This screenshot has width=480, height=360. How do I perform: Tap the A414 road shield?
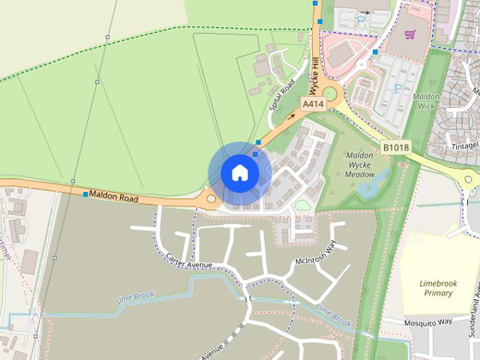click(x=313, y=104)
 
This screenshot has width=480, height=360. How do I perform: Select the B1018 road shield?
click(x=394, y=147)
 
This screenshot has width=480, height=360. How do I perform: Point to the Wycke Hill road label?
click(x=315, y=76)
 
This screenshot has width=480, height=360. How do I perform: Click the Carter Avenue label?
click(x=190, y=260)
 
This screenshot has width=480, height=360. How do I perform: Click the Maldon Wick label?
click(x=427, y=101)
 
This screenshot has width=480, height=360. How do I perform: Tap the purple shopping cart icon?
click(x=409, y=34)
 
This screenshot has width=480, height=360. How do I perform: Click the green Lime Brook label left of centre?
click(x=135, y=298)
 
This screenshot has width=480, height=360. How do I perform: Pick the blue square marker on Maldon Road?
click(x=85, y=194)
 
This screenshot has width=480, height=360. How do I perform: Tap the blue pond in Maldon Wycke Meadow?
click(x=373, y=184)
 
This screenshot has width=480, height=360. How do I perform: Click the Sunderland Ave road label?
click(x=474, y=315)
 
